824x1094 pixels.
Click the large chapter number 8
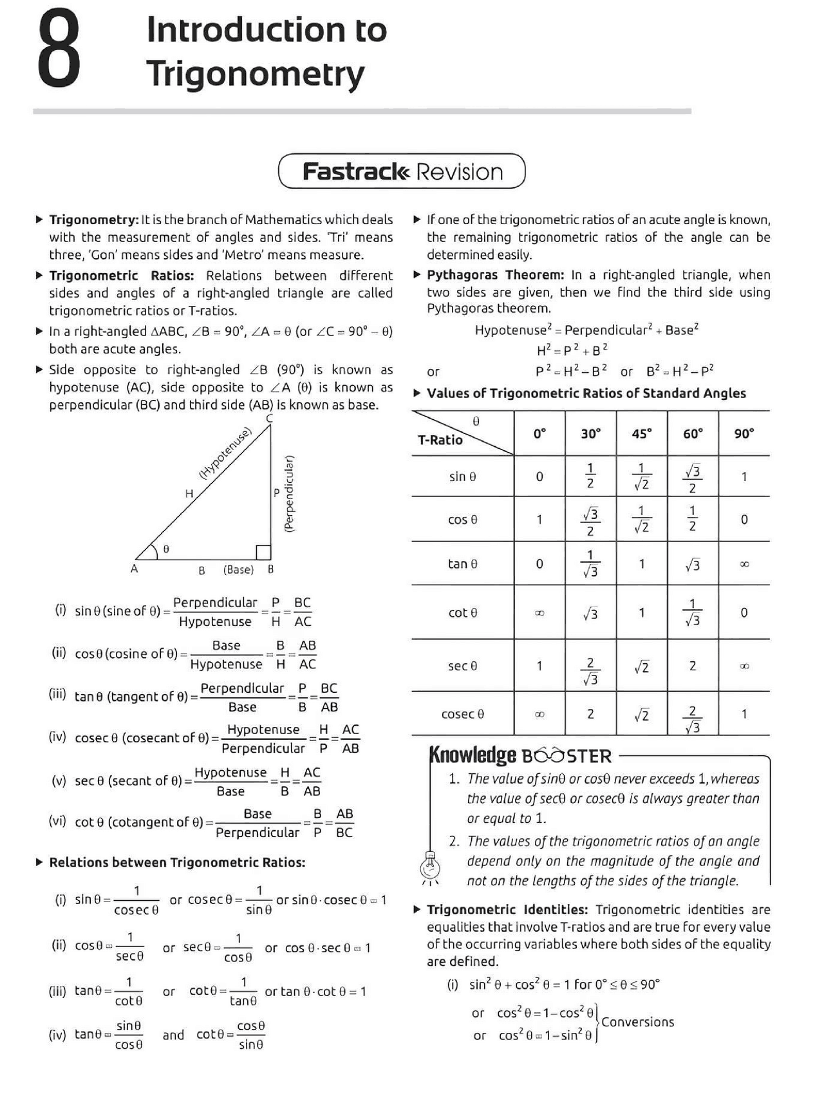tap(59, 52)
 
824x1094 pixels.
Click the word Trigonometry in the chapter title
tap(255, 74)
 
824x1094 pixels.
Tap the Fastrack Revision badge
tap(402, 171)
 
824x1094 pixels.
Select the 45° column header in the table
tap(641, 433)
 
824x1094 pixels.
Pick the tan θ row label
tap(462, 563)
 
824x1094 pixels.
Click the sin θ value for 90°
tap(744, 476)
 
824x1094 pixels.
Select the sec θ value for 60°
tap(692, 666)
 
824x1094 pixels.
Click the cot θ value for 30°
tap(590, 613)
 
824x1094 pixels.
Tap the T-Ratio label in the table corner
tap(440, 440)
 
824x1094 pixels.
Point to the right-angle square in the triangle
tap(263, 552)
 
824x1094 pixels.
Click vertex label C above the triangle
tap(269, 419)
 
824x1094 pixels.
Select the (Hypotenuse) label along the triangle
tap(224, 453)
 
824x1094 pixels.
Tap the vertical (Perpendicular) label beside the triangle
tap(289, 493)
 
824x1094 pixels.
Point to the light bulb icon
tap(430, 866)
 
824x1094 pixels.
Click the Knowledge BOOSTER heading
tap(520, 755)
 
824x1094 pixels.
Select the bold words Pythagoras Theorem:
tap(495, 275)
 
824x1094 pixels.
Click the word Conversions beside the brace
tap(637, 1022)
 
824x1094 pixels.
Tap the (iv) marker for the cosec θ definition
tap(57, 737)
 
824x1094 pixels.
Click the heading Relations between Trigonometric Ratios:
tap(177, 862)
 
